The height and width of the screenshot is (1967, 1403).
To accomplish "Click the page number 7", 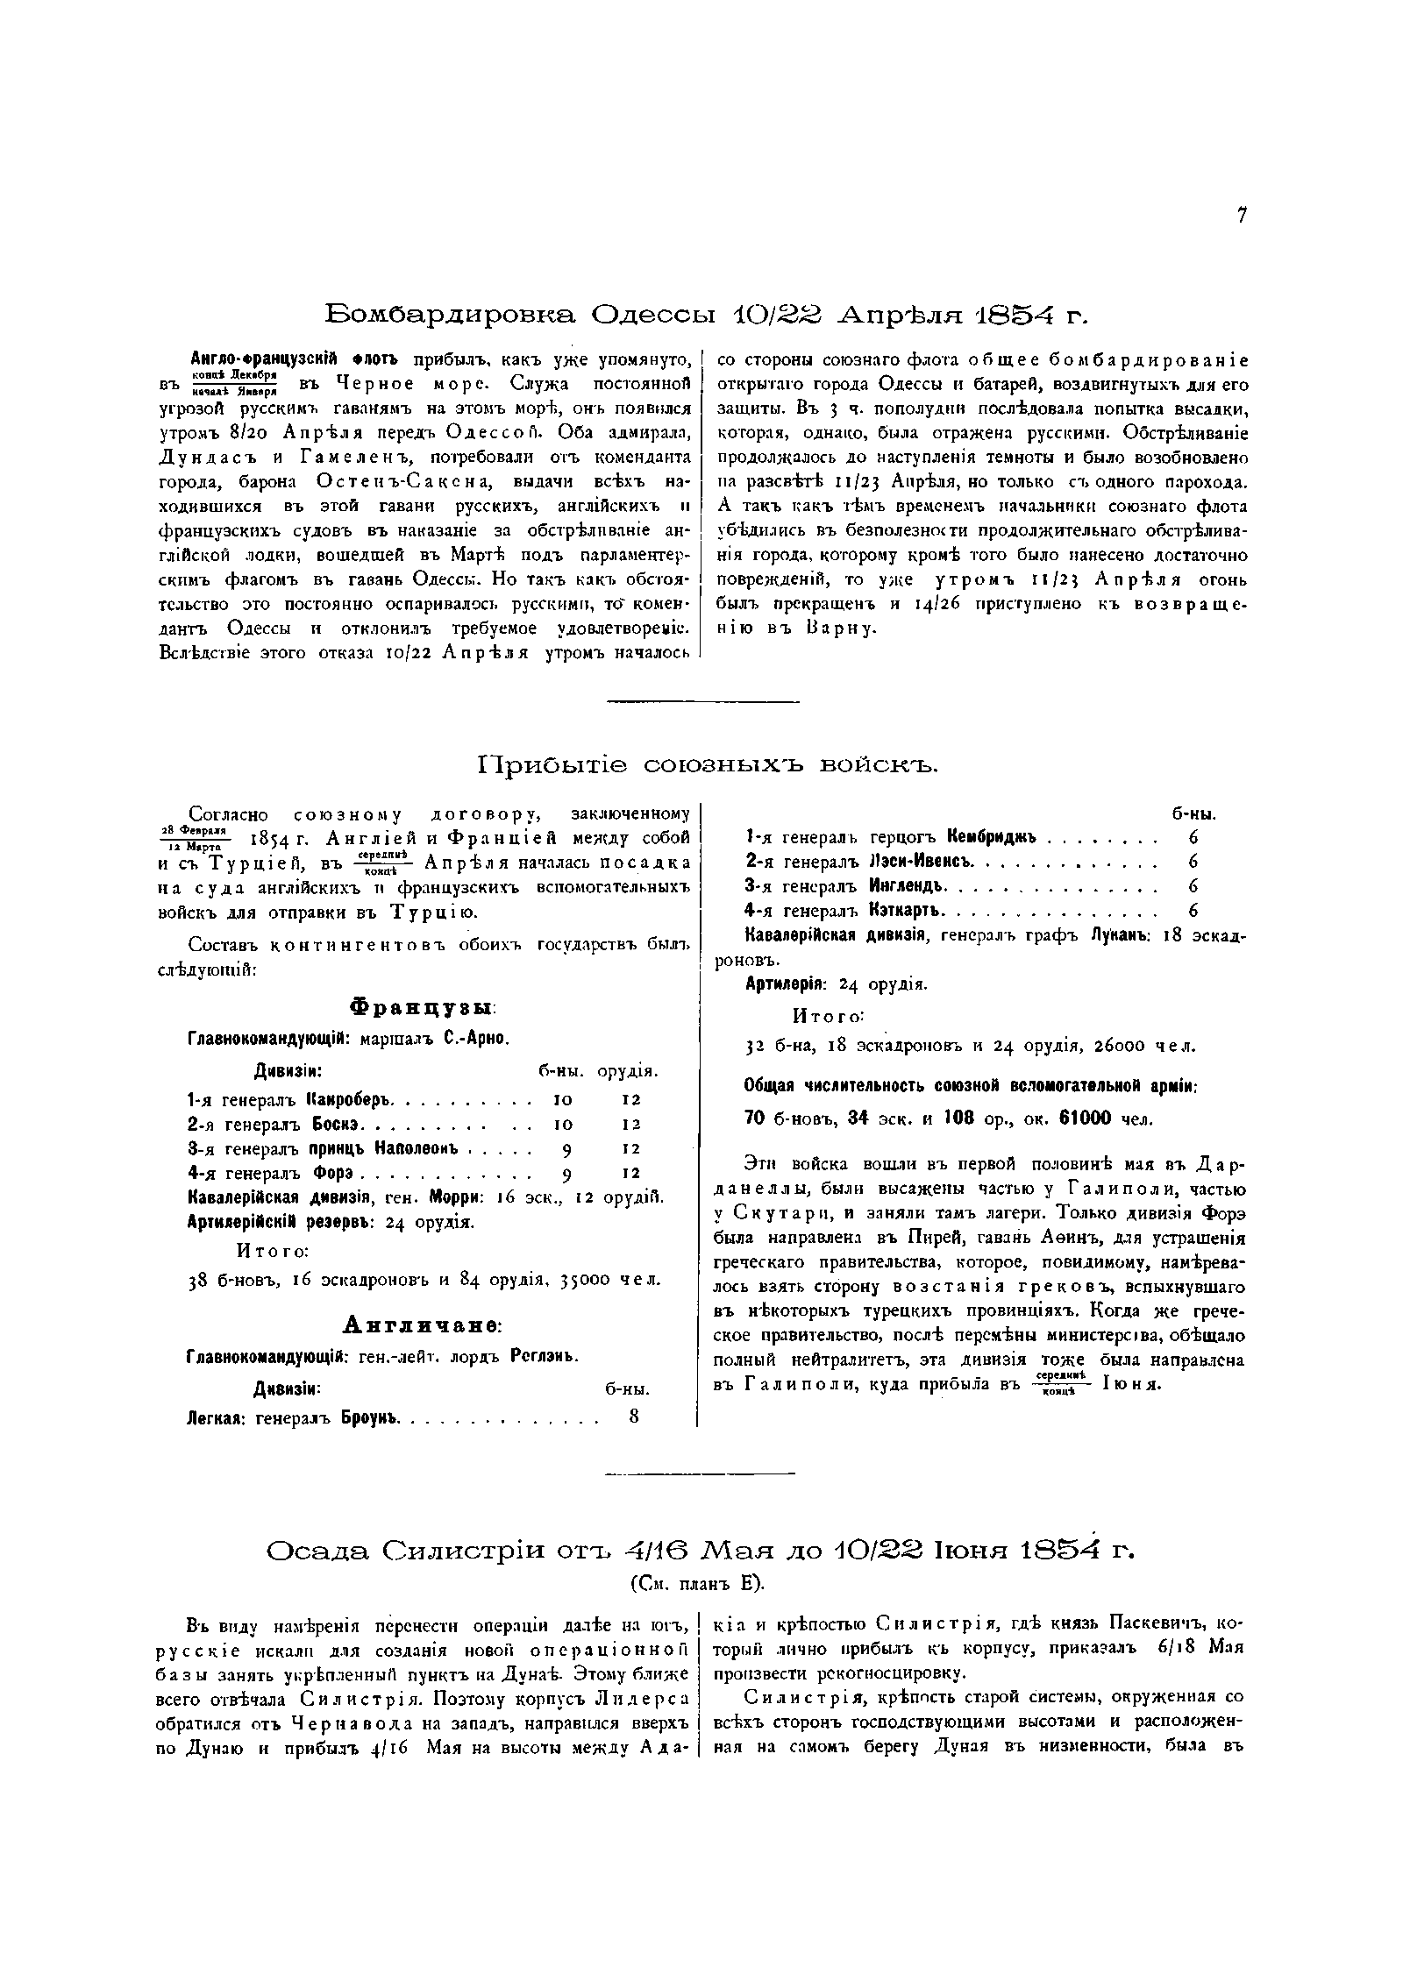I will (1242, 217).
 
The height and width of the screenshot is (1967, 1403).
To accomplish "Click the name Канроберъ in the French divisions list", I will (352, 1099).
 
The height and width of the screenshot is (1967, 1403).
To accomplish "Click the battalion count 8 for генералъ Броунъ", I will (634, 1417).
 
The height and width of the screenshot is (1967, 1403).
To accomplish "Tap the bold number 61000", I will (1085, 1118).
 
